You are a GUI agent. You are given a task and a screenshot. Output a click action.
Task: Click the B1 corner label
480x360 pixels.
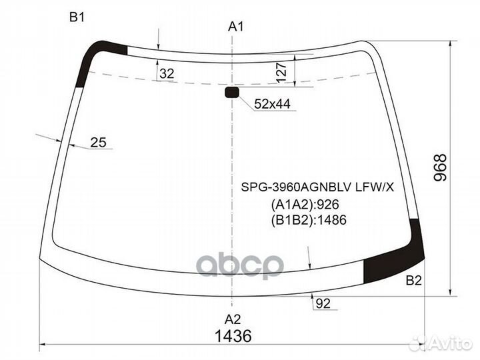(x=77, y=17)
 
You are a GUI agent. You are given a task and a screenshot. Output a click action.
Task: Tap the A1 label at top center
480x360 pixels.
(x=236, y=27)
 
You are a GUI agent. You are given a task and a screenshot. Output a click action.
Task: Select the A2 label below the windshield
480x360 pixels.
(x=233, y=319)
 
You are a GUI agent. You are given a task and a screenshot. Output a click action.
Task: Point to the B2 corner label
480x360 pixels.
(x=414, y=281)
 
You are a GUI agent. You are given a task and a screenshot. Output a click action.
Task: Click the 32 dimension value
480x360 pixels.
(x=167, y=73)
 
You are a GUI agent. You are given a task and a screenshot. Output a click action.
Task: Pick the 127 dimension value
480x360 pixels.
(x=281, y=73)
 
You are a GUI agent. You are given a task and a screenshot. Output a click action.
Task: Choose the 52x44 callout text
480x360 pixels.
(x=272, y=104)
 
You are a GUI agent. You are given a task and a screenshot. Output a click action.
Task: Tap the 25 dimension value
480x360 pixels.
(x=98, y=143)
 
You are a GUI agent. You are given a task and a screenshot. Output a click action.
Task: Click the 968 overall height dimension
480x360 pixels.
(x=441, y=168)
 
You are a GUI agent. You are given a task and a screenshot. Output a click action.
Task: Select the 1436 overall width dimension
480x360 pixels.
(x=233, y=336)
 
